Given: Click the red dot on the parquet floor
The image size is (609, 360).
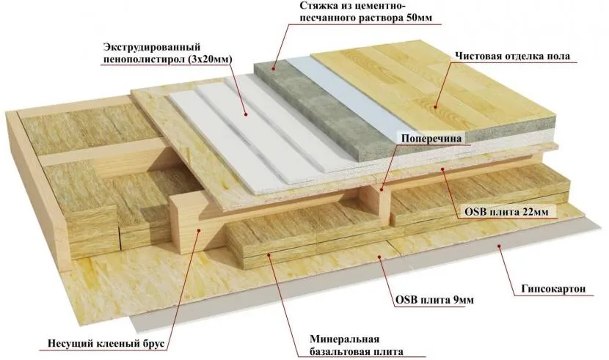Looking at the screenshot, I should point(437,106).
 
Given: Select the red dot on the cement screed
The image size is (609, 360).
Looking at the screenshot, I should point(273,67).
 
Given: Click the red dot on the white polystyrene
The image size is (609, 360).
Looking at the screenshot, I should point(244,114).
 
